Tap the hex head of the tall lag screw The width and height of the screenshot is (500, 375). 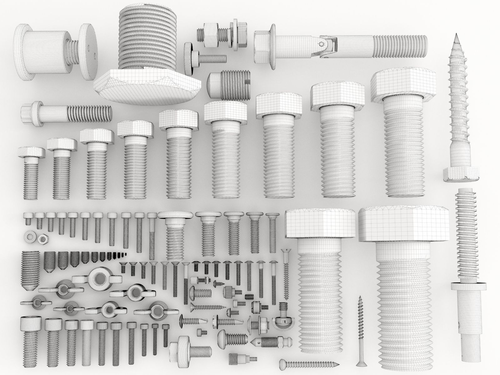pos(461,174)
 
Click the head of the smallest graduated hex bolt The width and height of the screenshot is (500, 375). pos(31,152)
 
